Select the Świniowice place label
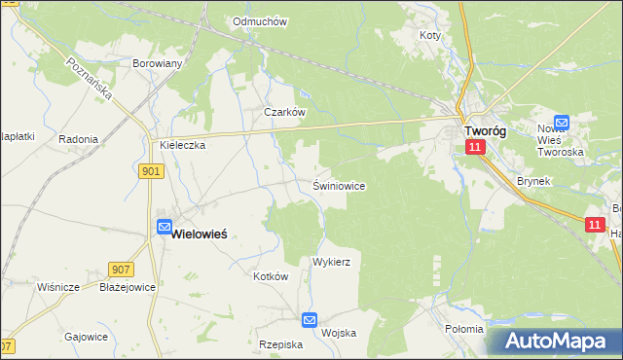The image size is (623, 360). (x=339, y=185)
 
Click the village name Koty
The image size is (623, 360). (x=429, y=35)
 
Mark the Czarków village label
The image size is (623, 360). (x=285, y=112)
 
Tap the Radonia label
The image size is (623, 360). (x=78, y=139)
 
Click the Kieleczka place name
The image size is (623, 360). (x=182, y=145)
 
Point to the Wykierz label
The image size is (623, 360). (x=331, y=263)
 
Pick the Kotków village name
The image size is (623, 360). (x=272, y=276)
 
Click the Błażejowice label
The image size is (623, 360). (x=128, y=287)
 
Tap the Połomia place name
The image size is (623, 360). (x=463, y=329)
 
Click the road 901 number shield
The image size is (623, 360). (x=151, y=171)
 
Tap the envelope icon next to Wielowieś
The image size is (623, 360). (x=164, y=228)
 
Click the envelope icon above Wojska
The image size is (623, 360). (x=310, y=319)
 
